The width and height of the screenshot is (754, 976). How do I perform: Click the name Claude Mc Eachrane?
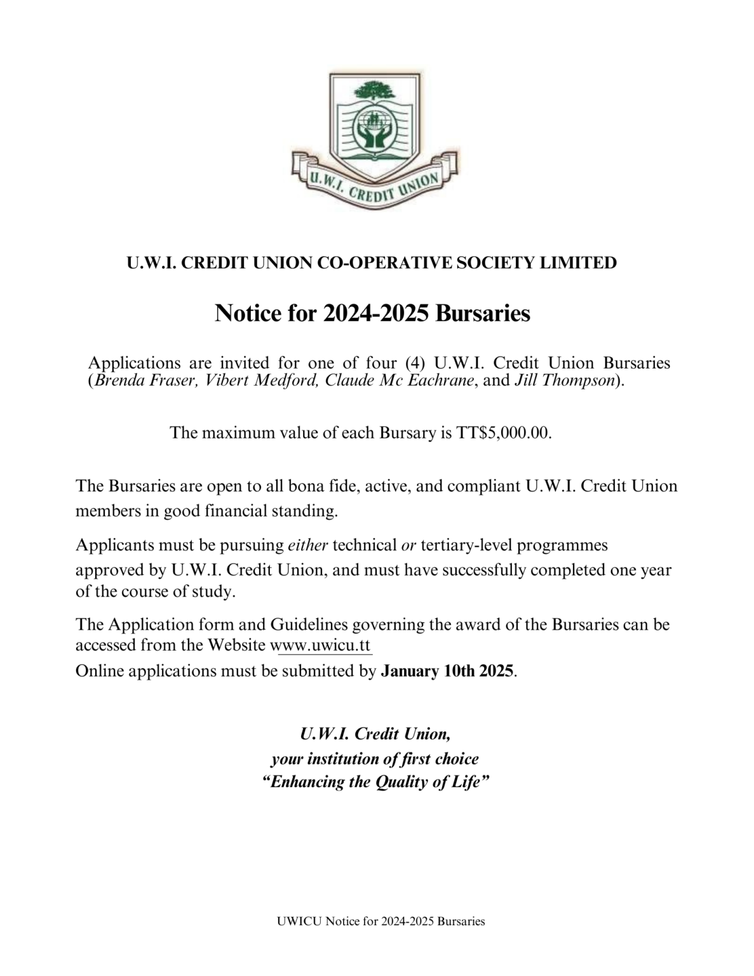coord(400,381)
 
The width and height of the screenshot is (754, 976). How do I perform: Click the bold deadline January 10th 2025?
coord(447,671)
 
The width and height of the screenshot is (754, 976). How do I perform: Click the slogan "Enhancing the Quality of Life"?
coord(376,782)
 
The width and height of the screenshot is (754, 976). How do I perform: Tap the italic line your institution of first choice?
coord(375,759)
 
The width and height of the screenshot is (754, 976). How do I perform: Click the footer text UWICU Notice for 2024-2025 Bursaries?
coord(380,921)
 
